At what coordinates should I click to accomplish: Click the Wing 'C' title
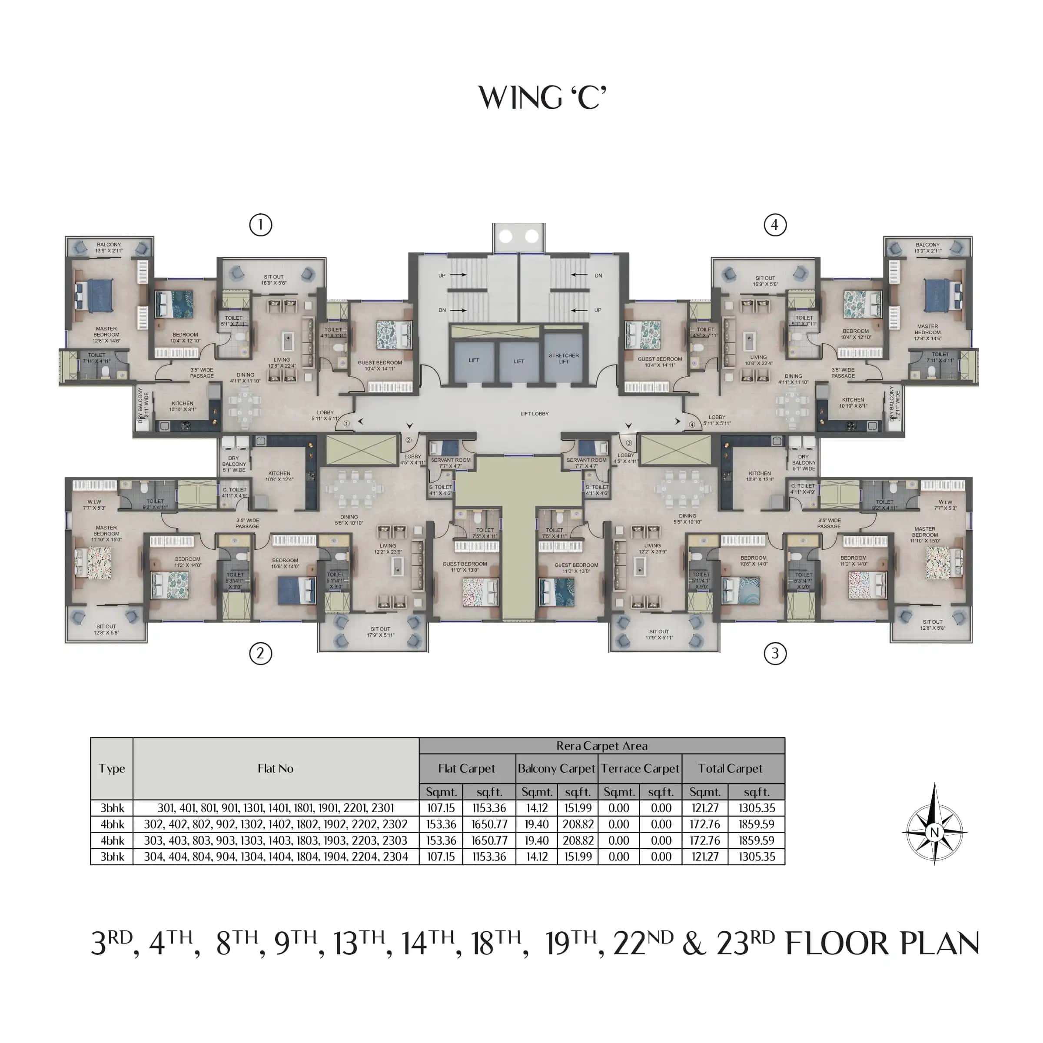[542, 98]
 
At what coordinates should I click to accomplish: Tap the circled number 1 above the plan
[260, 225]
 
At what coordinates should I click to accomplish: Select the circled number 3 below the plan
[775, 654]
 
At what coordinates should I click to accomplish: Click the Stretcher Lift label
[564, 359]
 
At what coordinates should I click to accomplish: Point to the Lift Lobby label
[534, 414]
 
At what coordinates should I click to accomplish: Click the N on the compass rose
[934, 832]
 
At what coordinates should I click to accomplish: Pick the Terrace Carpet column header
[640, 768]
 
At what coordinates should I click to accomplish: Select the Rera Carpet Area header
[601, 746]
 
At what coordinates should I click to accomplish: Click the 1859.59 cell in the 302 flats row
[756, 824]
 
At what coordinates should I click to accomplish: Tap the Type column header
[112, 768]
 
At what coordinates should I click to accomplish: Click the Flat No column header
[276, 768]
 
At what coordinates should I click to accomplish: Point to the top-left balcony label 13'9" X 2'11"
[109, 248]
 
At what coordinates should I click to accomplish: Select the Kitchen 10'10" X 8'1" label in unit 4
[853, 403]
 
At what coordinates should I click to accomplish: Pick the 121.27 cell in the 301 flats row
[704, 808]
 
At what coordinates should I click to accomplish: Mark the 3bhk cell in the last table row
[112, 857]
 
